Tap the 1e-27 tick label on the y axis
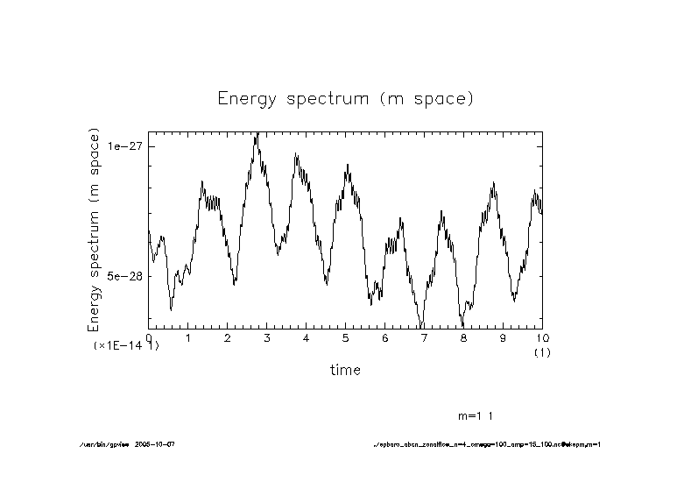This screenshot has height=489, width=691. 126,146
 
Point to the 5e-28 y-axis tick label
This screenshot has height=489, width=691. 126,276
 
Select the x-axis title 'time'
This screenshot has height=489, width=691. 345,370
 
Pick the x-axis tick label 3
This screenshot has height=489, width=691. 266,338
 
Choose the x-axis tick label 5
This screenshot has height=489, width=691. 345,338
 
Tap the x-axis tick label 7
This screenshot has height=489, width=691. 424,338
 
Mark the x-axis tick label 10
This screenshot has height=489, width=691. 542,338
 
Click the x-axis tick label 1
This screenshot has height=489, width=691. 188,338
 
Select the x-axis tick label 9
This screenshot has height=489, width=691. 503,338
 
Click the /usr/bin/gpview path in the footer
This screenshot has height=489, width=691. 103,445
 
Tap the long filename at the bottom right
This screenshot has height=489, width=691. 487,445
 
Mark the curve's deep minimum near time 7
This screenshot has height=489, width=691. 422,325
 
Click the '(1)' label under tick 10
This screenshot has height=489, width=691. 542,352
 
